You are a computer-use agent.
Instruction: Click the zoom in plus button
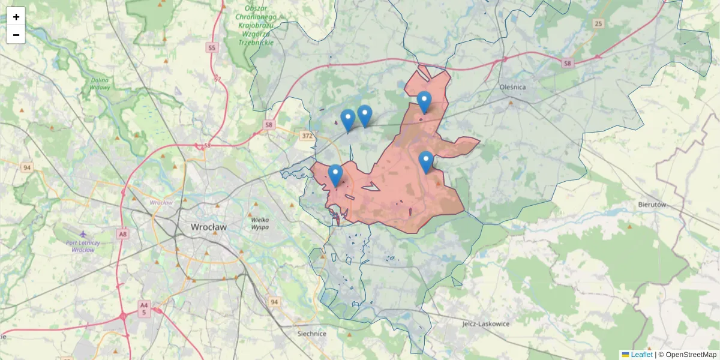point(16,17)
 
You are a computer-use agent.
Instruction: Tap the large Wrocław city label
point(209,227)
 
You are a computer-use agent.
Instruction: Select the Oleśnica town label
point(512,87)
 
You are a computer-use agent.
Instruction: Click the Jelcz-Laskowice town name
point(485,323)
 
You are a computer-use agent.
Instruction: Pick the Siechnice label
point(312,334)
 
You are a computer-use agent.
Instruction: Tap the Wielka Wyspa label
point(260,224)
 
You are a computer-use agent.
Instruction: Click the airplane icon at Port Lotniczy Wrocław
point(83,233)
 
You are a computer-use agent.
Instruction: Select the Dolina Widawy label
point(100,83)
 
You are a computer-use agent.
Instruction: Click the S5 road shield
point(211,47)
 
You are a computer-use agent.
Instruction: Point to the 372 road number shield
point(307,136)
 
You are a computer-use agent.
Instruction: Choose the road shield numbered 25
point(598,23)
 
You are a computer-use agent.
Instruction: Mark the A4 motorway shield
point(143,305)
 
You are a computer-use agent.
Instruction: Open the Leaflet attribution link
point(641,355)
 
